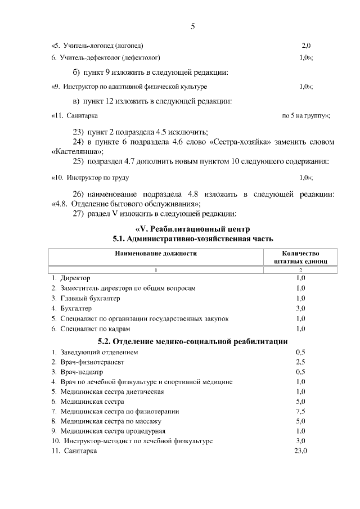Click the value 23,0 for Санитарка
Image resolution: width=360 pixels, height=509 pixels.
coord(300,451)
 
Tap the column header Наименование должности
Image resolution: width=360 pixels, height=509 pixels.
coord(156,254)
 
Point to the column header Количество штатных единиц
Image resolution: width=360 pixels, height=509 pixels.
coord(300,258)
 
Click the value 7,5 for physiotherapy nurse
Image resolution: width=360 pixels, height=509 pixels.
coord(300,411)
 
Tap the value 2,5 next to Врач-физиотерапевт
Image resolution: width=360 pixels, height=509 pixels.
coord(300,362)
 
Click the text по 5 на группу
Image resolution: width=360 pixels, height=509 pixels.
coord(305,115)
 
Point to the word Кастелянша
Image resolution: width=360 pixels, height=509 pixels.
coord(77,151)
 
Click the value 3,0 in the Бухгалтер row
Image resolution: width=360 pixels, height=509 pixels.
coord(300,308)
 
